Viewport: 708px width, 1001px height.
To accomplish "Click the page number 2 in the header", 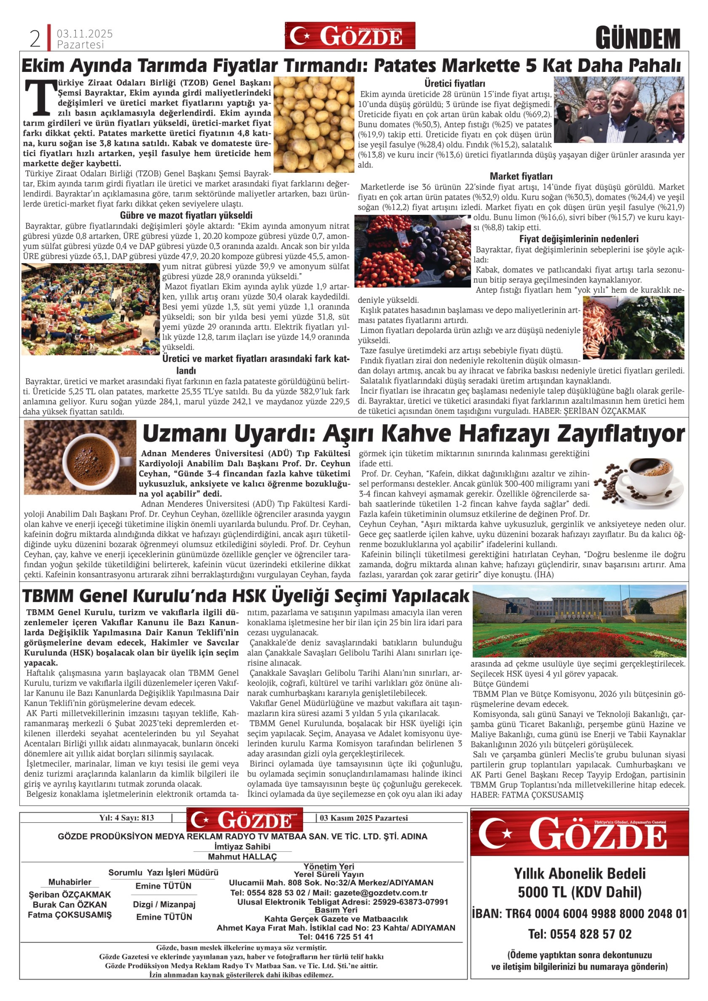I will point(35,39).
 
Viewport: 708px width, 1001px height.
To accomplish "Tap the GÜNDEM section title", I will point(638,38).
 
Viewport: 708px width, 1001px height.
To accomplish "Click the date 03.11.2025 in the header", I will point(85,34).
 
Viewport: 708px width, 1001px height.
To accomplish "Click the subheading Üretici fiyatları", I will point(455,83).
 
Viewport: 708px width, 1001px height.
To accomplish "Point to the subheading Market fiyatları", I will point(521,176).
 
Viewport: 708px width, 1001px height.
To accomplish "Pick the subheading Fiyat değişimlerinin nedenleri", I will point(578,239).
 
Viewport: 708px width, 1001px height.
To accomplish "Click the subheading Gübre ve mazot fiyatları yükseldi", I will point(186,215).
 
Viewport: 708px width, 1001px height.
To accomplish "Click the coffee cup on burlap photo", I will point(80,457).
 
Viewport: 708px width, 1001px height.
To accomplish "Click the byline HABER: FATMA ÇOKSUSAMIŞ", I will point(527,795).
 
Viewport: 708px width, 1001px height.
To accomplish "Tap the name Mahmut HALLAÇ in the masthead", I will point(242,857).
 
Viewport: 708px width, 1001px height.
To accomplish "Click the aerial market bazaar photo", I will point(91,309).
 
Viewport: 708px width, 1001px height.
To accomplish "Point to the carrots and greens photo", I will point(633,327).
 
